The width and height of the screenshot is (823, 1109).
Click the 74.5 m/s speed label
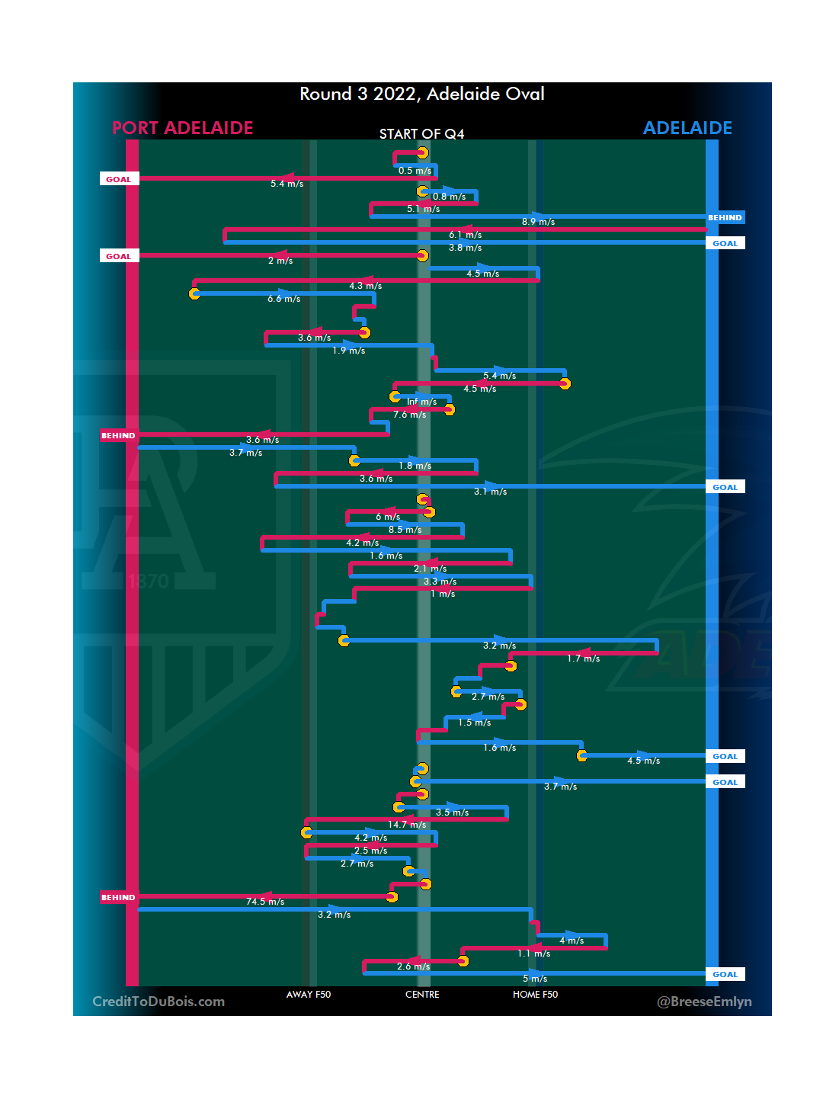pyautogui.click(x=265, y=902)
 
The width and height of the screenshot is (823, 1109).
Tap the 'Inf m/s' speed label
pyautogui.click(x=421, y=402)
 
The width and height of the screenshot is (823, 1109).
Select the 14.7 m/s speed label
pyautogui.click(x=407, y=825)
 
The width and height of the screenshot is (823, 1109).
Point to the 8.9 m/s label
pyautogui.click(x=538, y=222)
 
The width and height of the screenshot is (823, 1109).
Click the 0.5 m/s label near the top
pyautogui.click(x=415, y=171)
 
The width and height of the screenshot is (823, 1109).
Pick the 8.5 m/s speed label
pyautogui.click(x=405, y=530)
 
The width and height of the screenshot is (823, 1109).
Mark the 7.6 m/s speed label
pyautogui.click(x=409, y=415)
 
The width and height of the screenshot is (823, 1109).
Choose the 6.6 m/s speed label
pyautogui.click(x=283, y=299)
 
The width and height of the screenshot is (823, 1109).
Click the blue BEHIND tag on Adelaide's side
pyautogui.click(x=725, y=218)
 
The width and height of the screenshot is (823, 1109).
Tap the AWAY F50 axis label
pyautogui.click(x=309, y=995)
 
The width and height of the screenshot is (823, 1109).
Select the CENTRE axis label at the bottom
pyautogui.click(x=422, y=995)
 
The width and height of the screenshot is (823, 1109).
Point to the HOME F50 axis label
pyautogui.click(x=535, y=995)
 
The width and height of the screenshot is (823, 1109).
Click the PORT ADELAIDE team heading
pyautogui.click(x=183, y=128)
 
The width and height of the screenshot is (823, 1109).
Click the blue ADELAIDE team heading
pyautogui.click(x=687, y=128)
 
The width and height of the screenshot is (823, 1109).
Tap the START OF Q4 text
pyautogui.click(x=421, y=134)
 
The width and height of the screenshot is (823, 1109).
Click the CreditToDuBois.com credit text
pyautogui.click(x=159, y=1002)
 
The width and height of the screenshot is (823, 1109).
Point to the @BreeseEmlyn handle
pyautogui.click(x=704, y=1002)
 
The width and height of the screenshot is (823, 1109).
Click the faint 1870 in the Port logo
pyautogui.click(x=149, y=582)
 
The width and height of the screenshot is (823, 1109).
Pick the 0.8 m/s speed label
pyautogui.click(x=449, y=197)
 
